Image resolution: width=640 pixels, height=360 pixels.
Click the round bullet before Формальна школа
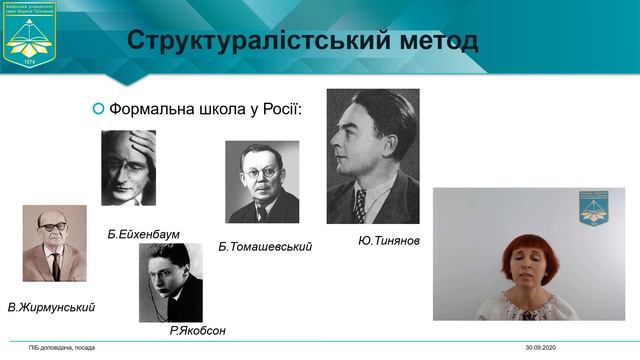click(x=97, y=108)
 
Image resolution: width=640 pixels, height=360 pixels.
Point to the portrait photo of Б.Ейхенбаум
click(x=128, y=168)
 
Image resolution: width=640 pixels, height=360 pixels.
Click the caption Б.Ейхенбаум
click(x=143, y=234)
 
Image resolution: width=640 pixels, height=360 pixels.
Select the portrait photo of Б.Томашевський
click(x=262, y=181)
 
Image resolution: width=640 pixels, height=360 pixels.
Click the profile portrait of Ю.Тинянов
click(x=373, y=156)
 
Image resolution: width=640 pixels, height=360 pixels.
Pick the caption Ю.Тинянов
click(x=389, y=241)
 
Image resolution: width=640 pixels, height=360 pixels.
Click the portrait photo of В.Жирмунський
click(x=55, y=244)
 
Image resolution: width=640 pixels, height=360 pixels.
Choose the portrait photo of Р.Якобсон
click(x=171, y=282)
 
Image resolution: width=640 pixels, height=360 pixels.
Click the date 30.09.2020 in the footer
click(x=542, y=347)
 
